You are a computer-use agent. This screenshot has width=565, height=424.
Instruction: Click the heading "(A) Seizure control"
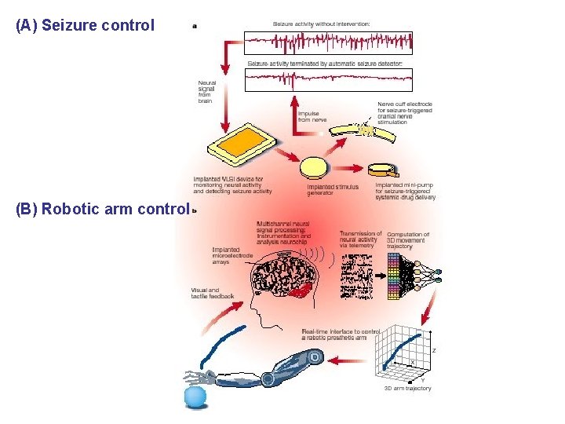[85, 25]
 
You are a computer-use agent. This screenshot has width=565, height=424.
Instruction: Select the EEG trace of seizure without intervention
[328, 42]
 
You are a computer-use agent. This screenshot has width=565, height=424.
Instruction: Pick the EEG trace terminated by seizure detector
[328, 79]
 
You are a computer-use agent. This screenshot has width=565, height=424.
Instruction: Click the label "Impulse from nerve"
[312, 117]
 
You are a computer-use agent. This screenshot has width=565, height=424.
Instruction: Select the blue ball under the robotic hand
[195, 397]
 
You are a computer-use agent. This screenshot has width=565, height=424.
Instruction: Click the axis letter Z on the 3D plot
[434, 350]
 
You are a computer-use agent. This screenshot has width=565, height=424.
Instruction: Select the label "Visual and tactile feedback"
[212, 292]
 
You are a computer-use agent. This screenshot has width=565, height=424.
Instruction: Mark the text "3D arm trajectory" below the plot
[407, 389]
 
